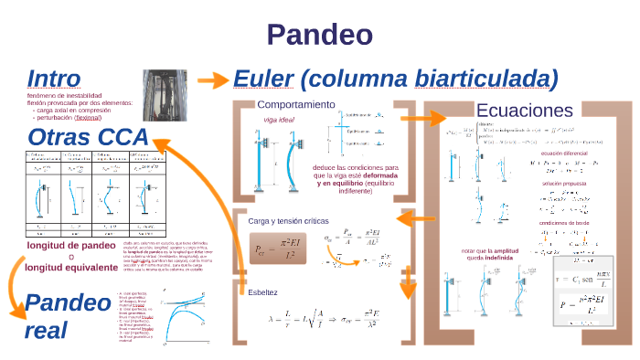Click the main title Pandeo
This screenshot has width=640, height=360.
coord(319,35)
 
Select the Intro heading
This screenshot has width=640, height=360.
coord(54,78)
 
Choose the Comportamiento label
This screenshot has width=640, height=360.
coord(295,104)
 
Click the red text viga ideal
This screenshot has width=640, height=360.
coord(281,119)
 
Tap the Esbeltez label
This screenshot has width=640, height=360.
coord(265,291)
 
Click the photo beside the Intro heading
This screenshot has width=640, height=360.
coord(170,95)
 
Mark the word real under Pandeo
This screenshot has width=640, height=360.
coord(47,330)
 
